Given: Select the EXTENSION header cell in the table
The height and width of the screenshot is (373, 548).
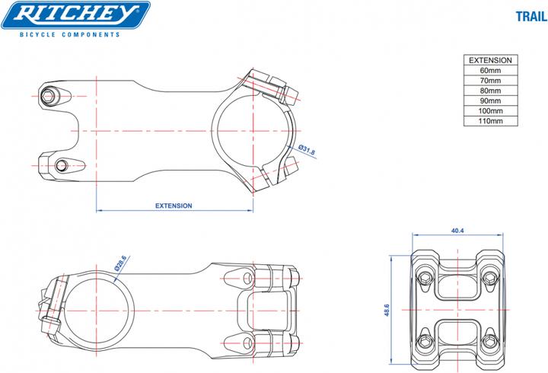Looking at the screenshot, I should coord(490,59).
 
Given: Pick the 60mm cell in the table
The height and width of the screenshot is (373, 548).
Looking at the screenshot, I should coord(490,70).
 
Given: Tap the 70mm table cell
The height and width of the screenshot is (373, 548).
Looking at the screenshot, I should coord(490,80).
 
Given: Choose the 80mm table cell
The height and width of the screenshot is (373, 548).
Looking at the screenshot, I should coord(490,90).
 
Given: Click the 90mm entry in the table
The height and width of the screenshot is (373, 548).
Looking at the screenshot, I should coord(490,100).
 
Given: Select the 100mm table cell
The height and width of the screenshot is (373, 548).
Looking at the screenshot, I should coord(490,110).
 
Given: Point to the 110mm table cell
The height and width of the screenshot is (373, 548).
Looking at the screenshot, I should coord(490,120).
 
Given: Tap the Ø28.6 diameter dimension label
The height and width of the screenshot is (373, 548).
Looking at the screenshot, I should coord(120,263).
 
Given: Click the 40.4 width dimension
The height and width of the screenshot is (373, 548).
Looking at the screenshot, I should coord(457,230).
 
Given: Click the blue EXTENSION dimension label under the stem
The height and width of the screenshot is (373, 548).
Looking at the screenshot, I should coord(174,206).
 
